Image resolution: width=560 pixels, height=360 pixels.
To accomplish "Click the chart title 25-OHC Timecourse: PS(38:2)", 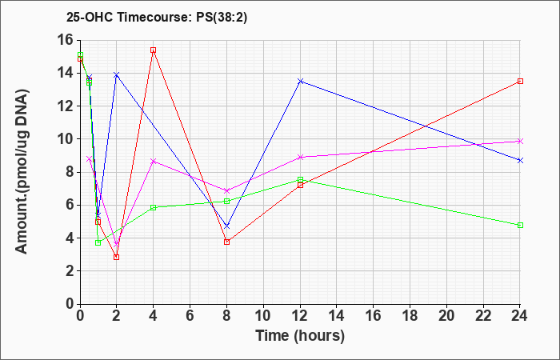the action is (x=157, y=18).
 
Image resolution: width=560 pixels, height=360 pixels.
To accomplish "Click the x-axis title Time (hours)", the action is (x=300, y=336).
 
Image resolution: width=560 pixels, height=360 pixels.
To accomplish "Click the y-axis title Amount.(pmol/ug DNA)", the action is (x=22, y=172).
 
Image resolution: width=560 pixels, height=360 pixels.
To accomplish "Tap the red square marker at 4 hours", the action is (x=154, y=50).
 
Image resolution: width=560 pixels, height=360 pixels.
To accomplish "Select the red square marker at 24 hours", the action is (x=520, y=81).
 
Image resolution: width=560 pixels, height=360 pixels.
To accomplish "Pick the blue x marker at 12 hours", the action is (x=300, y=81).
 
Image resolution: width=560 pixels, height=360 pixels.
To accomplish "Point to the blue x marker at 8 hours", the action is (x=226, y=226).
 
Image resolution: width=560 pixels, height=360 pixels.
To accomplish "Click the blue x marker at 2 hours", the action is (x=116, y=74).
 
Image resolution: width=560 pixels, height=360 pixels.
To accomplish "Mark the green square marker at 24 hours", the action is (x=520, y=225).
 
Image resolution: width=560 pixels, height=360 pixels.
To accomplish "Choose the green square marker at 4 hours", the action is (x=154, y=207).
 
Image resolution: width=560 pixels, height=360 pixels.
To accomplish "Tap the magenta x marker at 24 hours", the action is (x=520, y=141).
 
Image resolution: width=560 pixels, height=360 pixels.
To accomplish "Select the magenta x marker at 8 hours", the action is (x=226, y=190).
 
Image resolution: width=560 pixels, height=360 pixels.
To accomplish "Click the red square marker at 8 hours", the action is (x=226, y=242).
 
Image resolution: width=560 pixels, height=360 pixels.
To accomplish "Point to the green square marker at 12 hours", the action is (x=300, y=180).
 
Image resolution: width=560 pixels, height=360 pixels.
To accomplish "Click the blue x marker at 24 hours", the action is (x=520, y=160).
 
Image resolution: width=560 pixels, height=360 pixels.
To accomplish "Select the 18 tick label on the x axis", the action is (x=410, y=315).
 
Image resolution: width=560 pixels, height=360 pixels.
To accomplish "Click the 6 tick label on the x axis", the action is (x=190, y=315).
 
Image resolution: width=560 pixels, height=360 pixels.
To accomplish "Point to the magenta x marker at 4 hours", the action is (x=154, y=161).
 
